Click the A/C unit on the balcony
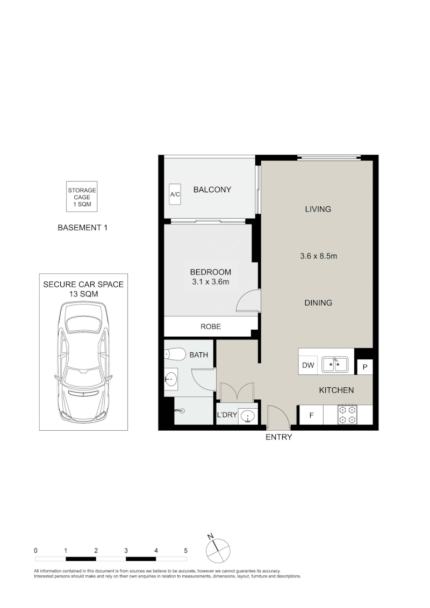coord(175,193)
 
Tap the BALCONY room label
coord(212,190)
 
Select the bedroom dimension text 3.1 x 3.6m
coord(210,282)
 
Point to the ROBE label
coord(211,327)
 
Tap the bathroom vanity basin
coord(171,379)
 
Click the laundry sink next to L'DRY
coord(248,417)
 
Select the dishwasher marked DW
coord(308,365)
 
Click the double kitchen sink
coord(334,365)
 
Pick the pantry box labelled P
coord(365,366)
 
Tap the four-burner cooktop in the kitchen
coord(347,414)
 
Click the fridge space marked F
coord(311,415)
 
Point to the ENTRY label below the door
coord(278,437)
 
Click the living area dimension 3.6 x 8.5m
coord(319,256)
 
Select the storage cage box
coord(82,197)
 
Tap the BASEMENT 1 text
coord(83,228)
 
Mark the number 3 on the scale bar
coord(126,550)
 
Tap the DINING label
coord(318,303)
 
